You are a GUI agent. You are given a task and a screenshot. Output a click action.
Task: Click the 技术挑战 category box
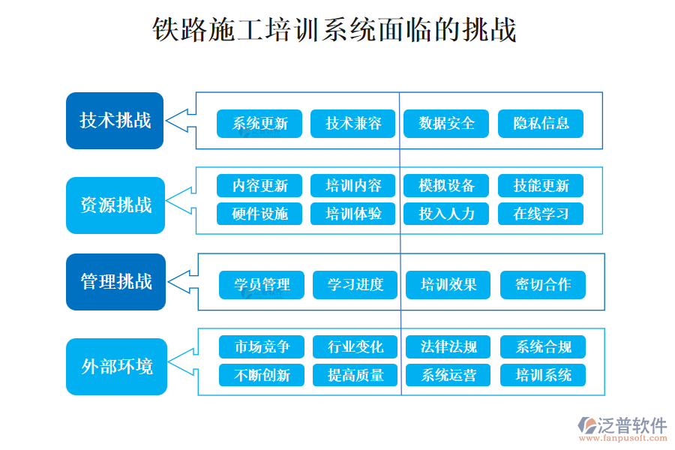pos(115,121)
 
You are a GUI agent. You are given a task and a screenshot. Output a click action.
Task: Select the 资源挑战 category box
pos(115,205)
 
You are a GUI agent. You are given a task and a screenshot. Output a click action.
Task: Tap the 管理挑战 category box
pos(115,282)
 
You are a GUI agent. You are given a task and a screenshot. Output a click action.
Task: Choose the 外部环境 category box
pos(115,367)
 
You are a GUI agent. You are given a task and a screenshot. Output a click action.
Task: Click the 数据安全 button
pos(446,124)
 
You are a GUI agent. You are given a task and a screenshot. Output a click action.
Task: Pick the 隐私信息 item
pos(540,124)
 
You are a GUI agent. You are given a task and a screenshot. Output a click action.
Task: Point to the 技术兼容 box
pos(353,124)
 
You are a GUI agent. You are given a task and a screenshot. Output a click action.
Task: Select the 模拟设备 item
pos(446,186)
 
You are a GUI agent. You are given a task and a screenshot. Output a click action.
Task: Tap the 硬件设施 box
pos(259,214)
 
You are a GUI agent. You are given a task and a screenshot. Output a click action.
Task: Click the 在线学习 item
pos(540,214)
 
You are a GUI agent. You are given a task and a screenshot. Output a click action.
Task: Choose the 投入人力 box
pos(446,214)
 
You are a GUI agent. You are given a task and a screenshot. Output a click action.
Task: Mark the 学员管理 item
pos(262,285)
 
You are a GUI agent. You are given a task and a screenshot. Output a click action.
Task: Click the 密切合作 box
pos(542,285)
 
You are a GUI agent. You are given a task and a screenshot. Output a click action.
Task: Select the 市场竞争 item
pos(262,347)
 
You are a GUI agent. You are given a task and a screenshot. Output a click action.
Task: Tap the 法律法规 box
pos(448,347)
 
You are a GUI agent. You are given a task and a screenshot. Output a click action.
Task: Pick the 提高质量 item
pos(355,375)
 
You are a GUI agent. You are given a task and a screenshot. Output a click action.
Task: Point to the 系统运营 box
pos(448,375)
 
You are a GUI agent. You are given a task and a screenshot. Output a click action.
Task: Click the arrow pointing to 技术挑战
pos(178,120)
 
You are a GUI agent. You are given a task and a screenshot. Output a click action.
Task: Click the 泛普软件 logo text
pos(631,426)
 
